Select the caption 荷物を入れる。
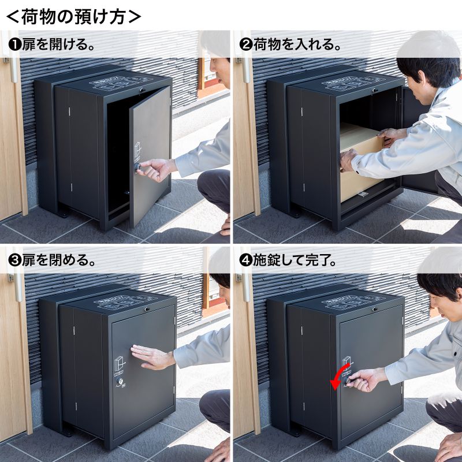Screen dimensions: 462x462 [x=296, y=45]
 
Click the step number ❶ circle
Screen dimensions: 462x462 [x=13, y=45]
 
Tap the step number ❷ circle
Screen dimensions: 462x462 [x=245, y=45]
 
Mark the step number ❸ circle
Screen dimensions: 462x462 [x=13, y=260]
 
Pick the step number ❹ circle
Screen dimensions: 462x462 [x=245, y=260]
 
